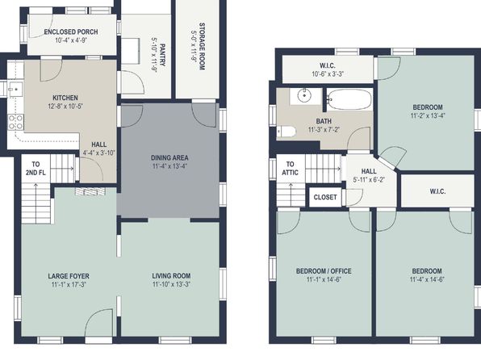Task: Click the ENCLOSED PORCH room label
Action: tap(71, 31)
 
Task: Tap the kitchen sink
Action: tap(15, 90)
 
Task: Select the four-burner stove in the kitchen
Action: tap(15, 122)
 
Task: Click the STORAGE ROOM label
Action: tap(202, 46)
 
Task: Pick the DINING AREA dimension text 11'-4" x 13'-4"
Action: tap(169, 166)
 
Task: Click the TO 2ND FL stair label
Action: tap(36, 168)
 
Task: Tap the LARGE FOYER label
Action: tap(69, 276)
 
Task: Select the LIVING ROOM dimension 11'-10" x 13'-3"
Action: tap(171, 284)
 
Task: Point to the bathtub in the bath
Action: tap(349, 99)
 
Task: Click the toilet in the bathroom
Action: tap(287, 132)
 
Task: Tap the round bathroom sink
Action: tap(304, 95)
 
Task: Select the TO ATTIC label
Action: tap(290, 168)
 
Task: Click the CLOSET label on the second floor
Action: tap(325, 197)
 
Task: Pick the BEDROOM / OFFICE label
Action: tap(324, 271)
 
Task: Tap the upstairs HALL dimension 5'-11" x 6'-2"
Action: tap(369, 179)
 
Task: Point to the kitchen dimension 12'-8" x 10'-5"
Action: tap(65, 107)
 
